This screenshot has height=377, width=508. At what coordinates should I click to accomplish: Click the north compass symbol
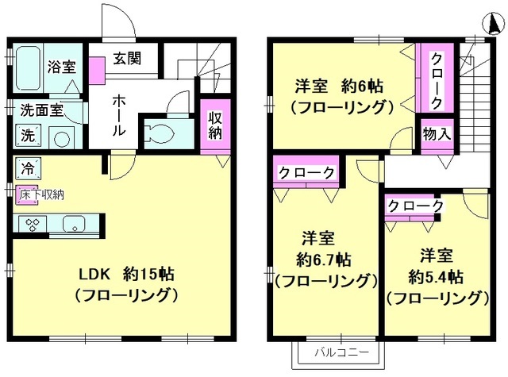tap(494, 24)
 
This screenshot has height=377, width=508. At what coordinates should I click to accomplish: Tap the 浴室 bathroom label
tap(62, 67)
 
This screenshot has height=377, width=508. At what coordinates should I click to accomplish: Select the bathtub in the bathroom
tap(29, 69)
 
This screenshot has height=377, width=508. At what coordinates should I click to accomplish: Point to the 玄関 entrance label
tap(127, 59)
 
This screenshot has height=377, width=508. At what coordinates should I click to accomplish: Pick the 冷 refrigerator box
tap(28, 168)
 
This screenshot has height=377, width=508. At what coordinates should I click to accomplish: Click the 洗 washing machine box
tap(28, 136)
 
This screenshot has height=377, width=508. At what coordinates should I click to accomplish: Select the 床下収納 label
tap(41, 194)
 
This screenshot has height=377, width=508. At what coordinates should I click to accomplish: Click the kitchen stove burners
tap(33, 225)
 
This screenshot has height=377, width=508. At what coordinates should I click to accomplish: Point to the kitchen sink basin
tap(74, 224)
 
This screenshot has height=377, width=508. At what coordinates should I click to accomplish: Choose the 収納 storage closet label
tap(215, 125)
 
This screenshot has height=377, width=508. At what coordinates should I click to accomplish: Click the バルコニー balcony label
tap(342, 352)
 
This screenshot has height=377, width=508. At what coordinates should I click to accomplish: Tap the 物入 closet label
tap(437, 133)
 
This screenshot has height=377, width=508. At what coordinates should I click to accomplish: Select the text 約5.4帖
tap(436, 277)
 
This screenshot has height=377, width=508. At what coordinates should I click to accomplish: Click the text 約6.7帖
tap(324, 259)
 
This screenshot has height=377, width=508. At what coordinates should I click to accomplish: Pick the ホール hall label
tap(118, 115)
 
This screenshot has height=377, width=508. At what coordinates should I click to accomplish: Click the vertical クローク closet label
tap(437, 81)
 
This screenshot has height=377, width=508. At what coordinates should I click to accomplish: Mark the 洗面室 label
tap(42, 110)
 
